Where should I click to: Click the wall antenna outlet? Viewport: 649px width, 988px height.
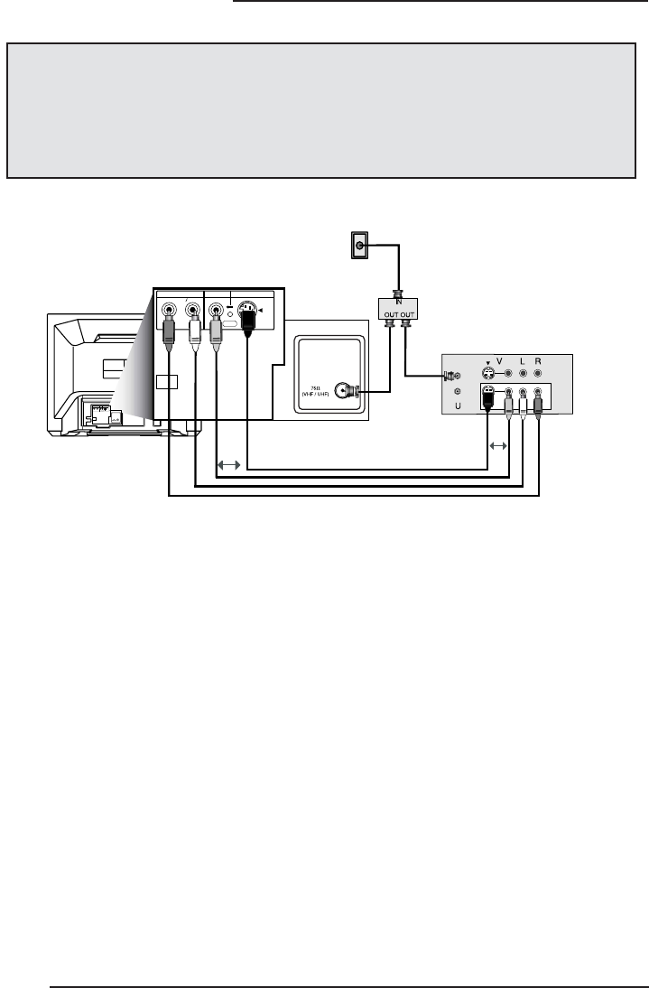[x=360, y=245]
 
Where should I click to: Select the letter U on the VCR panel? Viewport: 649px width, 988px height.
[x=458, y=406]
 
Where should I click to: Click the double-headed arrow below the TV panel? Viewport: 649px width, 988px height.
[x=229, y=465]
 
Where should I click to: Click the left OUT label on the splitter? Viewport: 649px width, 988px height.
[x=388, y=316]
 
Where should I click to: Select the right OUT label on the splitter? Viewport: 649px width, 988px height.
[x=409, y=316]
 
